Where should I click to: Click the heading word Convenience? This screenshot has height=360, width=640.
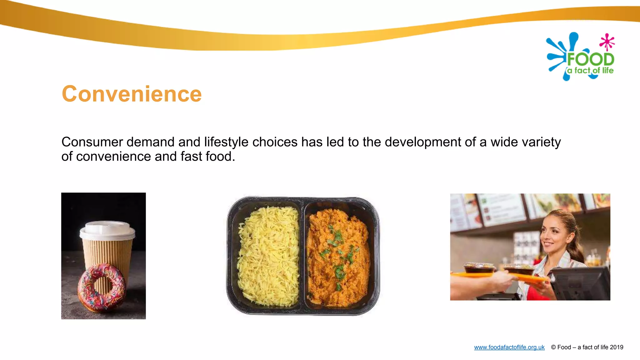[x=132, y=94]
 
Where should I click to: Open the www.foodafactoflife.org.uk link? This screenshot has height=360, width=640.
[x=509, y=347]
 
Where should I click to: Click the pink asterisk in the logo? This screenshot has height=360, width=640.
[x=607, y=42]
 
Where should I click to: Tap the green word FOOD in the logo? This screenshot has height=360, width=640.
[x=591, y=59]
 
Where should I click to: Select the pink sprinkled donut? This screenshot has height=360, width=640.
[x=102, y=288]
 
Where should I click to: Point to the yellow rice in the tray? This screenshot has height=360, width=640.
[x=268, y=256]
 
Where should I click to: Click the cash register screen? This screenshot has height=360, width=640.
[x=581, y=284]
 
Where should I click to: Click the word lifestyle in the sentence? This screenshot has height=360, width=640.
[x=227, y=142]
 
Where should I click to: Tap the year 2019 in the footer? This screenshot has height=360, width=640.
[x=616, y=347]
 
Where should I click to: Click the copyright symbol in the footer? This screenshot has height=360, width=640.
[x=553, y=347]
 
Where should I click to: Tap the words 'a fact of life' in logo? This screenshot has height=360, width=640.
[x=590, y=71]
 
